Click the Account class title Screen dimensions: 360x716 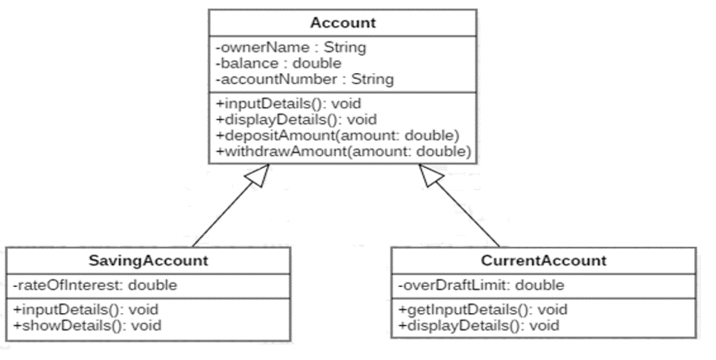(x=343, y=23)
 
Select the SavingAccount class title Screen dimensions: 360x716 (x=148, y=261)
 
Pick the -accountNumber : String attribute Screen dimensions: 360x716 (x=303, y=79)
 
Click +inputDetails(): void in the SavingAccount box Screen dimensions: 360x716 (x=86, y=309)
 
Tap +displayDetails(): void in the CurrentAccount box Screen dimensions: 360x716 (x=477, y=325)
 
